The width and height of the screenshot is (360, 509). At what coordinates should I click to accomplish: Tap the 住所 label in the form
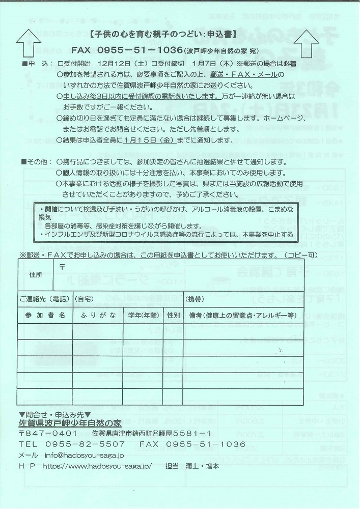pyautogui.click(x=36, y=274)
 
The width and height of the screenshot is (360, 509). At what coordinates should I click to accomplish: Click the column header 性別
pyautogui.click(x=174, y=315)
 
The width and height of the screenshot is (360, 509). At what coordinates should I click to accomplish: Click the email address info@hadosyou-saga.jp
pyautogui.click(x=85, y=455)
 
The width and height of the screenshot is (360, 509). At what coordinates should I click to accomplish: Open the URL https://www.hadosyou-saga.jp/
pyautogui.click(x=96, y=466)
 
